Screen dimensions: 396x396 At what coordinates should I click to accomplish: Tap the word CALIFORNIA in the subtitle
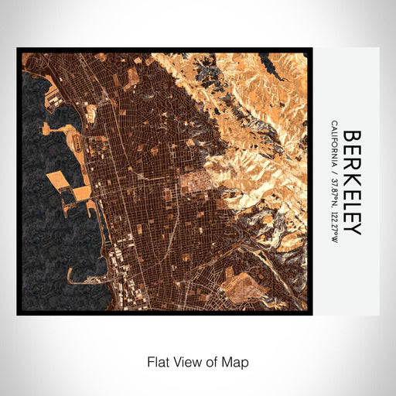coord(333,145)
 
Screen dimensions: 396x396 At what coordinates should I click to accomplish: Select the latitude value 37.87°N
coord(333,193)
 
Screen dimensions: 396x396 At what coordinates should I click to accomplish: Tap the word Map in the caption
coord(237,361)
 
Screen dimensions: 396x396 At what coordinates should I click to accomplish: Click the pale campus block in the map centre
coord(192,183)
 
